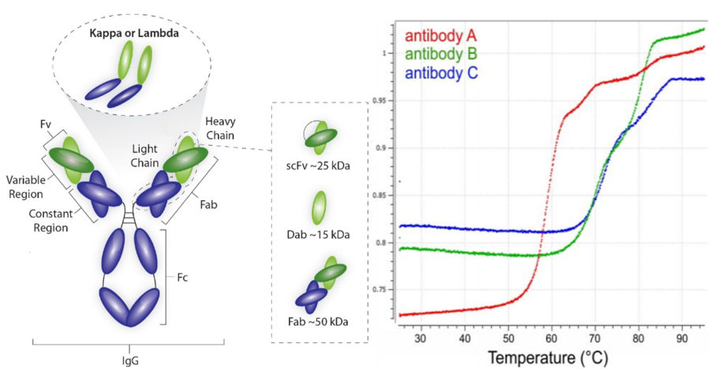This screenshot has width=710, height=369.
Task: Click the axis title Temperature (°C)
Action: coord(547,358)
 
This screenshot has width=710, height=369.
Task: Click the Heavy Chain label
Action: coord(220,128)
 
